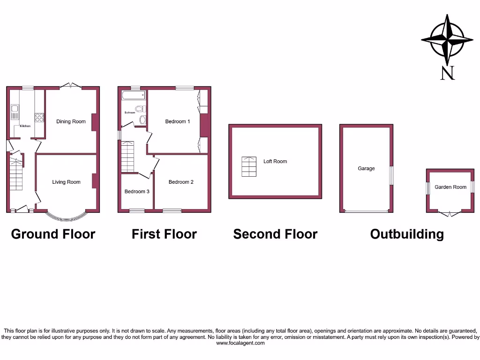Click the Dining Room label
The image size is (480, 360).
(x=71, y=121)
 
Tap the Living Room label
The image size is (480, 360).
(x=66, y=182)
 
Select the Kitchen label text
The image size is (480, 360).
(x=25, y=126)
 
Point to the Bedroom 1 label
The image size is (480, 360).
(x=178, y=121)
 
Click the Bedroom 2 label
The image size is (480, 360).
(x=181, y=182)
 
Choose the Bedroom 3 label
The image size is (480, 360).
(x=137, y=191)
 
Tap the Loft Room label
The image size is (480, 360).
(x=275, y=161)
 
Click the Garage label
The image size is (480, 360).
(x=366, y=168)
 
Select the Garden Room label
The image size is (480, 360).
(x=450, y=187)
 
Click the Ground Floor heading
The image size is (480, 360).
(x=53, y=234)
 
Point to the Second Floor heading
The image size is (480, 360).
(x=275, y=234)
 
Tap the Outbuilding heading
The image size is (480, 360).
(x=407, y=234)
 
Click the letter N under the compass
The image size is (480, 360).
(x=448, y=73)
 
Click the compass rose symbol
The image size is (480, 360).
(x=447, y=39)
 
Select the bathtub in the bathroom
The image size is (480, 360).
(x=134, y=96)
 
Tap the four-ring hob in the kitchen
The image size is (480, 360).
(x=39, y=117)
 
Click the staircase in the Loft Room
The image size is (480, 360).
(x=249, y=166)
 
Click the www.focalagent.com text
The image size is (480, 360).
(x=240, y=343)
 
